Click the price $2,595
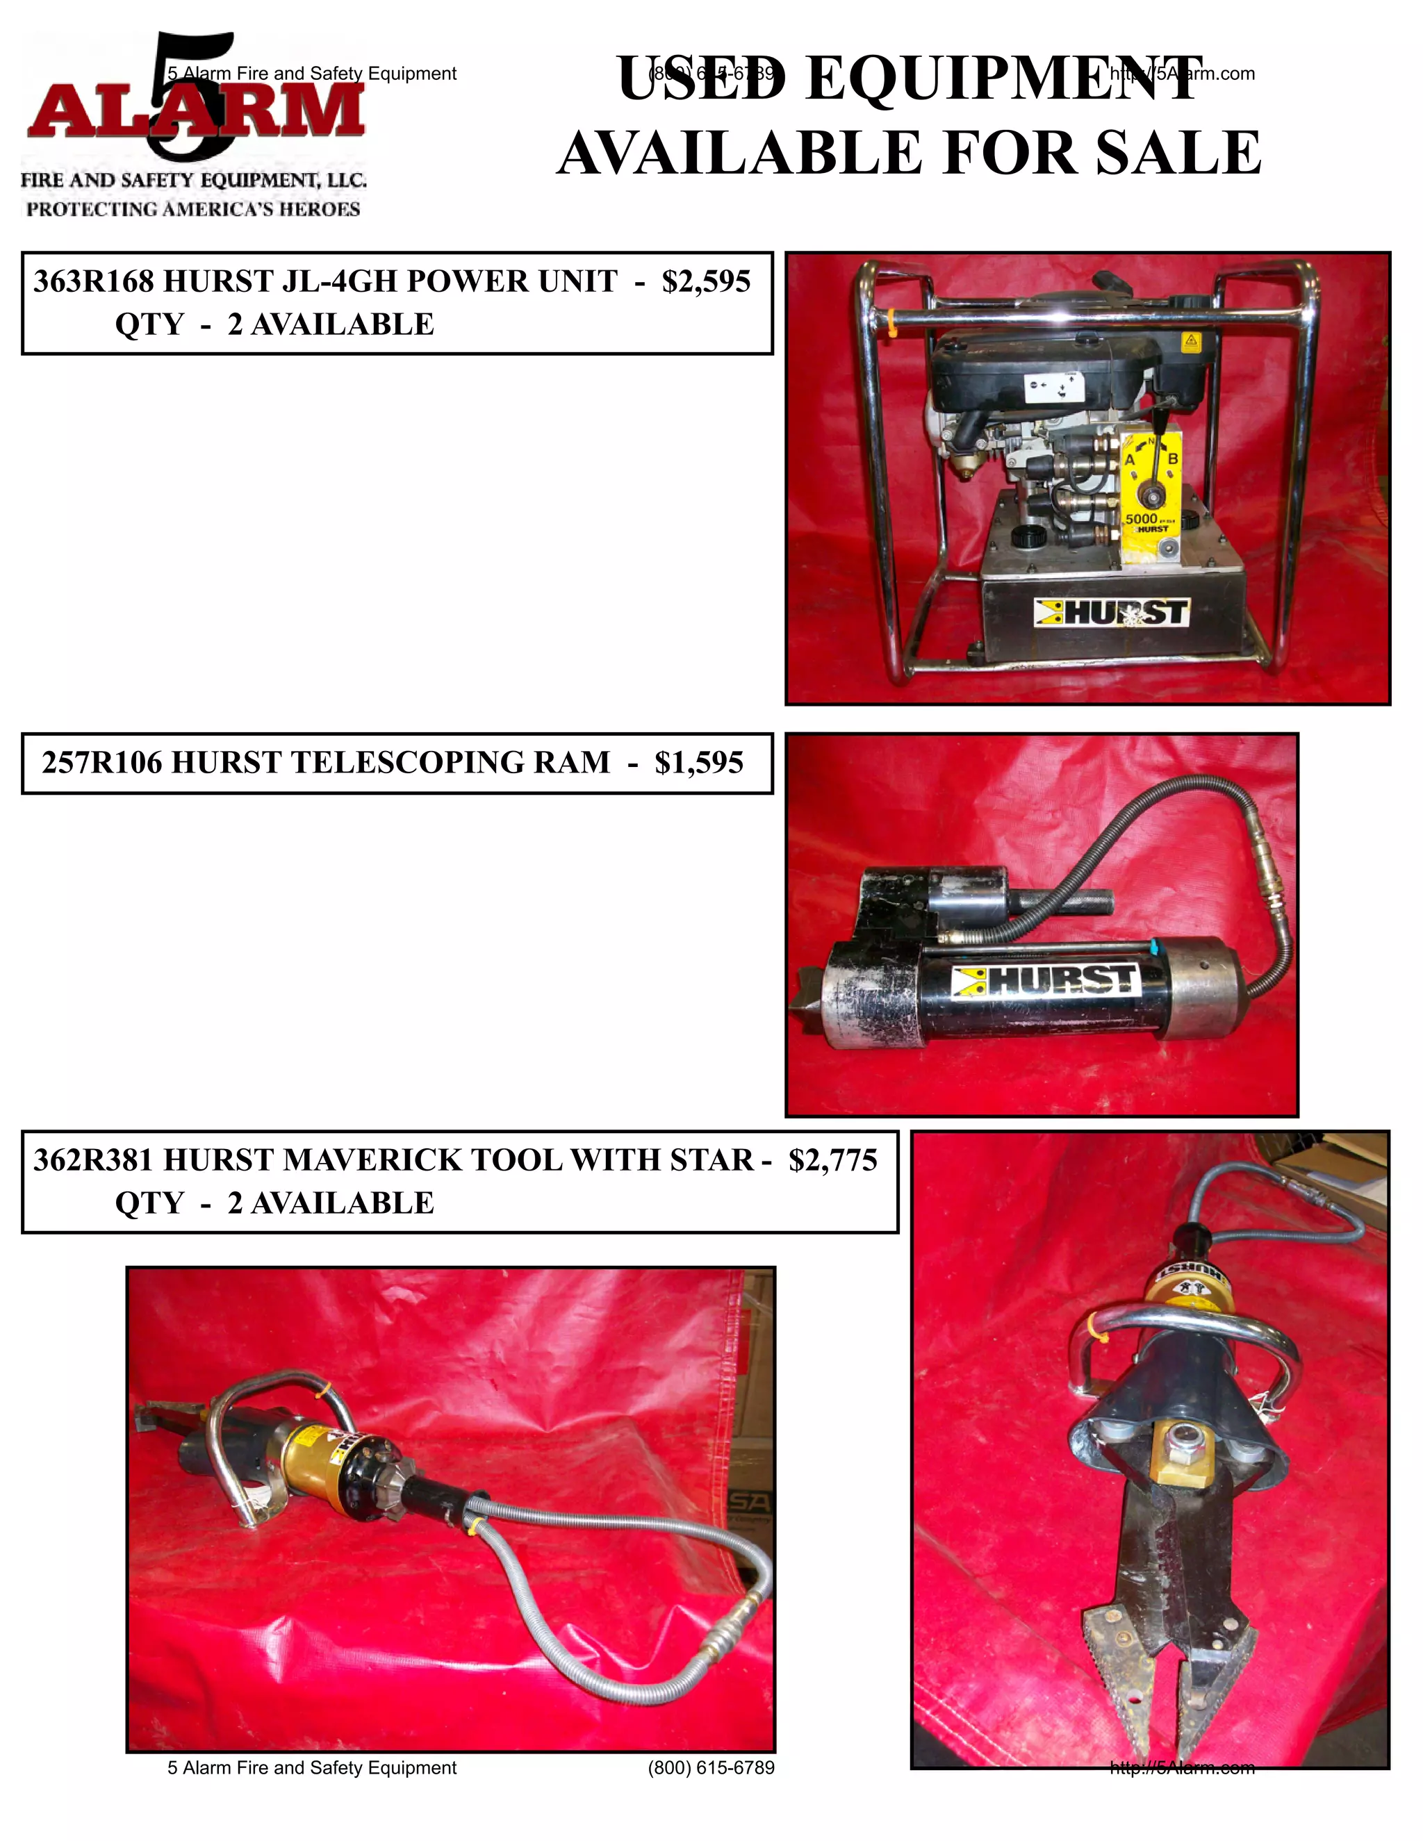click(706, 281)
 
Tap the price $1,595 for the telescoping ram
click(698, 763)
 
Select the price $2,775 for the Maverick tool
click(833, 1161)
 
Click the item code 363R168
click(92, 281)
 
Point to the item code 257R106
click(101, 763)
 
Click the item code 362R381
click(92, 1161)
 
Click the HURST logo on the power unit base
click(1111, 613)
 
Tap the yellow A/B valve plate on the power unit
click(1151, 489)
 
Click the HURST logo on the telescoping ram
click(1045, 980)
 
